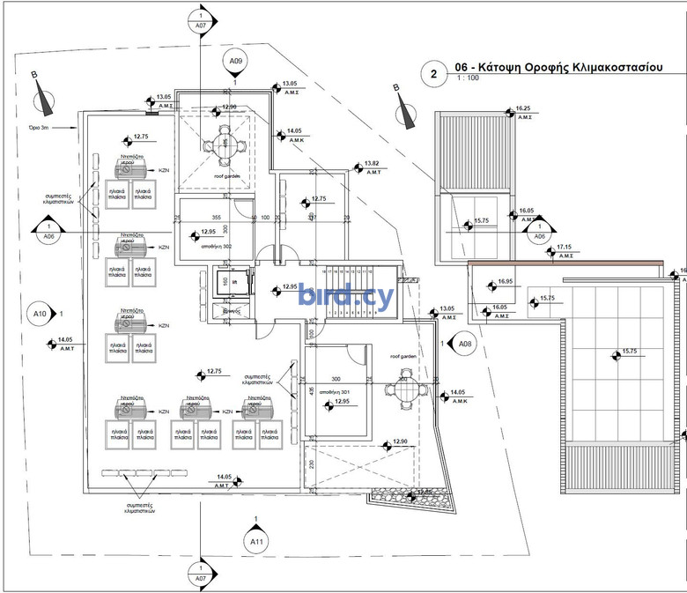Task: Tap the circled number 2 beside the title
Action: [x=433, y=74]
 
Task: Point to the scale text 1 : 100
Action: [x=468, y=79]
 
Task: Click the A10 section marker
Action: [x=40, y=313]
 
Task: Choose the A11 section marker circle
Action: [x=255, y=540]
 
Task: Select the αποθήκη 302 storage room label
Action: [x=216, y=247]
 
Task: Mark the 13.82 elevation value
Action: [x=372, y=164]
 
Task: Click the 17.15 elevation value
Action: [x=563, y=248]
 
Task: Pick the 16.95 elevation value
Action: [x=504, y=281]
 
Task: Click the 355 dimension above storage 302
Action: [x=215, y=217]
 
